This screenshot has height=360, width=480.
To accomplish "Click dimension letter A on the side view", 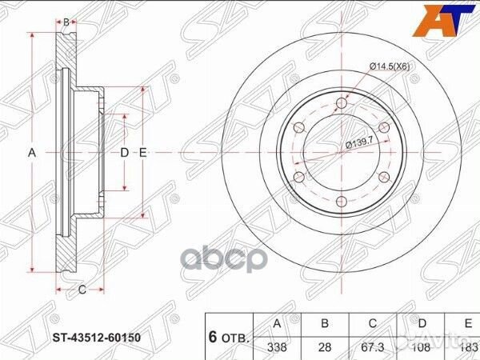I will click(34, 152).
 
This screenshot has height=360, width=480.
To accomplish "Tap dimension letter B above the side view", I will click(67, 21).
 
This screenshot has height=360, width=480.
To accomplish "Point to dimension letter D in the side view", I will click(124, 152).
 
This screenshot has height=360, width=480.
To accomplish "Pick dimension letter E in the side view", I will click(142, 152).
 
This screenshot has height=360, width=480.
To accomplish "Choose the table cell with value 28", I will click(324, 346).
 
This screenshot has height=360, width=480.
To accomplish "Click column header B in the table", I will click(324, 324).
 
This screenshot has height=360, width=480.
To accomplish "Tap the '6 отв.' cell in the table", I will click(230, 336).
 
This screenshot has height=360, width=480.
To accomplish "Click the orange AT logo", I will click(443, 20).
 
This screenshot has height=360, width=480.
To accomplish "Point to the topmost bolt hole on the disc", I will click(342, 101).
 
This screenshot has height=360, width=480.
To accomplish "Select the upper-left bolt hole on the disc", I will click(298, 126).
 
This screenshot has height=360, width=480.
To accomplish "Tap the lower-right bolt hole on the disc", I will click(385, 176).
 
